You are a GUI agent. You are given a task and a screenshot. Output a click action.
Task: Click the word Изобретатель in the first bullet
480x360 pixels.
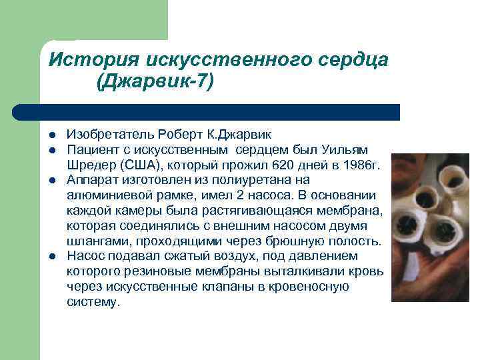point(105,135)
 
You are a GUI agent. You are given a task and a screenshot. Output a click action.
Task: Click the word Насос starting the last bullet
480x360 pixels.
point(85,256)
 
